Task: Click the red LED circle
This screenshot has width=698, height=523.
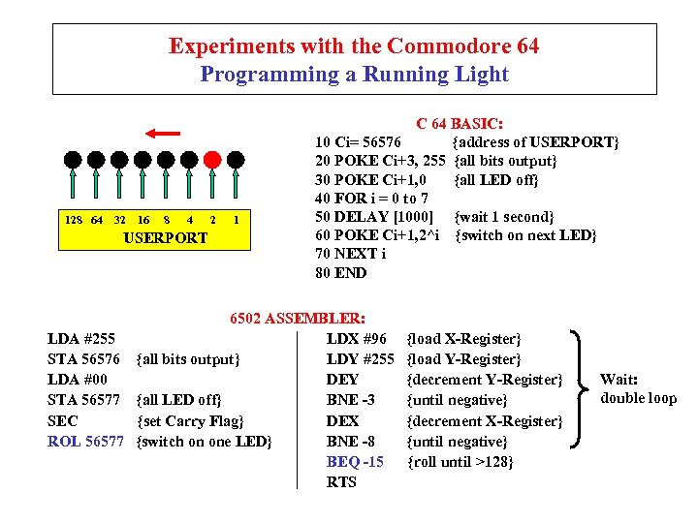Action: tap(214, 159)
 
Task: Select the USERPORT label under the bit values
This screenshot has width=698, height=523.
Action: tap(167, 237)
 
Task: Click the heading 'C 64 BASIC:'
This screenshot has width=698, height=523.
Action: tap(459, 124)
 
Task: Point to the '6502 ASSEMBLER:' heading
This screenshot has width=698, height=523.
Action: tap(297, 318)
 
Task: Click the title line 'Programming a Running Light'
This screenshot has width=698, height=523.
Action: tap(354, 74)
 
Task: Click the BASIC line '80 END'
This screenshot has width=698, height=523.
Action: tap(341, 273)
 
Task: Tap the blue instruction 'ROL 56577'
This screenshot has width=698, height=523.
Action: tap(86, 442)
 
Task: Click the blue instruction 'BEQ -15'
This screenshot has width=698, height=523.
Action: tap(355, 462)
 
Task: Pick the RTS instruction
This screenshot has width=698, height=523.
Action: tap(341, 482)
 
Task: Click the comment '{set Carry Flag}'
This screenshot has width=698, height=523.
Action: tap(190, 421)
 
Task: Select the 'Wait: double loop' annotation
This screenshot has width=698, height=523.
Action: tap(638, 389)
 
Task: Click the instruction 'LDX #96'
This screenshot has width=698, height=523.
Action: tap(357, 339)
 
